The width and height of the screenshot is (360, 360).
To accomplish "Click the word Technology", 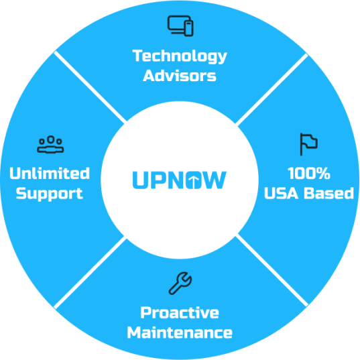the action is pyautogui.click(x=180, y=56).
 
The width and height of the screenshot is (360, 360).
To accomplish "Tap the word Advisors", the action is pyautogui.click(x=180, y=76).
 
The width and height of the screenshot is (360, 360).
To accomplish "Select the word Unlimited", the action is pyautogui.click(x=50, y=173).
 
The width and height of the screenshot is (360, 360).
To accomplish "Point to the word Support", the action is pyautogui.click(x=50, y=194).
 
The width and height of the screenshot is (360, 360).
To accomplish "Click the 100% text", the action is pyautogui.click(x=309, y=173).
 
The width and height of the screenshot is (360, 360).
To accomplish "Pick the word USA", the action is pyautogui.click(x=282, y=193).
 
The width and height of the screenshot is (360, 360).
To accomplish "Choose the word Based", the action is pyautogui.click(x=329, y=193).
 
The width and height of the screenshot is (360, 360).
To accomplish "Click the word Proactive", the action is pyautogui.click(x=180, y=312).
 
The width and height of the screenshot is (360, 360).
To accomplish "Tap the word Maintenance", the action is pyautogui.click(x=180, y=333).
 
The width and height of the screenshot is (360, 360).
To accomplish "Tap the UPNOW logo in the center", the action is pyautogui.click(x=180, y=180).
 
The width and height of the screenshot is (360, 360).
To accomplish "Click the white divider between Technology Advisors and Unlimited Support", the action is pyautogui.click(x=90, y=86).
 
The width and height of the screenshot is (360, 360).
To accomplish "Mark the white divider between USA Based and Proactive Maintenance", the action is pyautogui.click(x=272, y=270).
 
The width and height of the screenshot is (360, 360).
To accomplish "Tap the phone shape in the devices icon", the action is pyautogui.click(x=189, y=28).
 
